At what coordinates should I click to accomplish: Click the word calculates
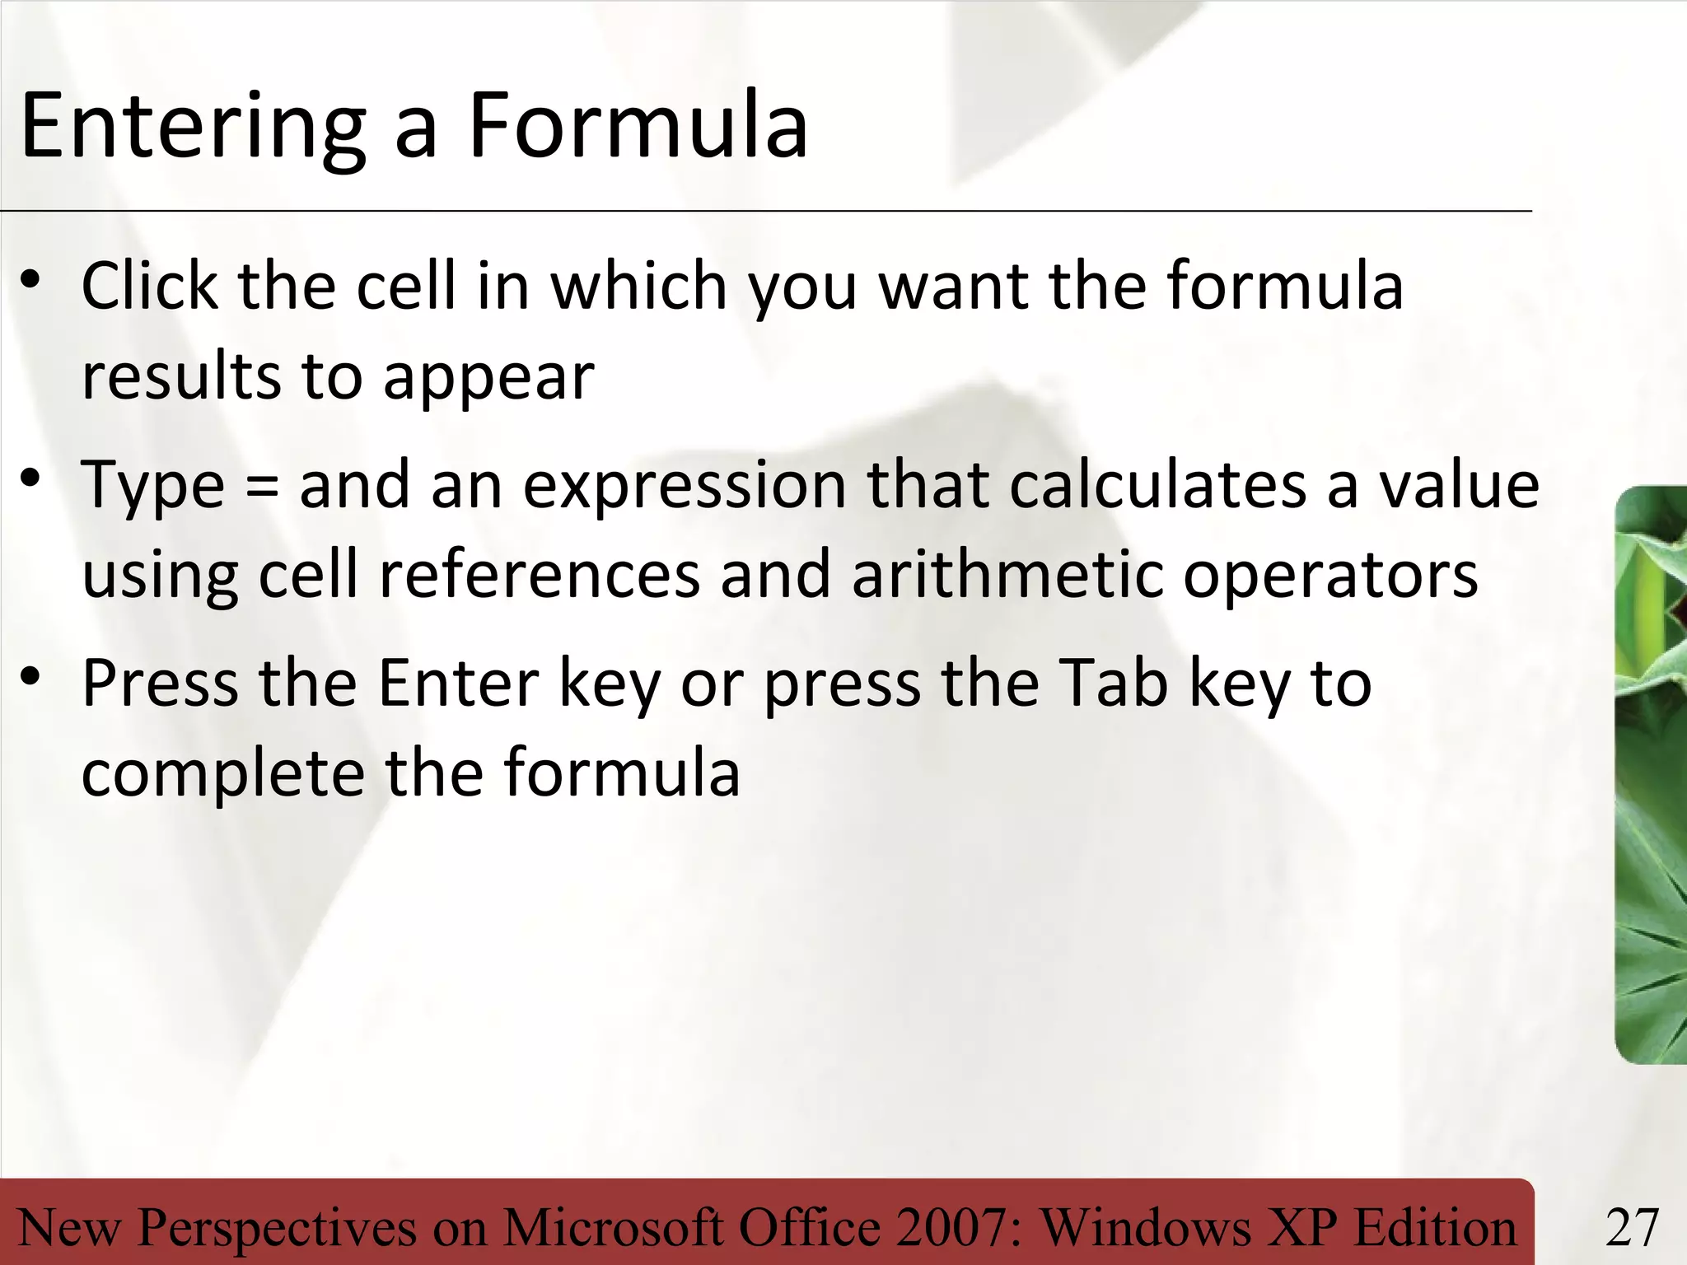click(x=1157, y=486)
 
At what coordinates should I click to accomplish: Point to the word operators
click(x=1330, y=576)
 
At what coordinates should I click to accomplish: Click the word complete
click(x=222, y=774)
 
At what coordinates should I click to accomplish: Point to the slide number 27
click(x=1632, y=1228)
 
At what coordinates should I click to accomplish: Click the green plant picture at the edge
click(x=1651, y=774)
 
